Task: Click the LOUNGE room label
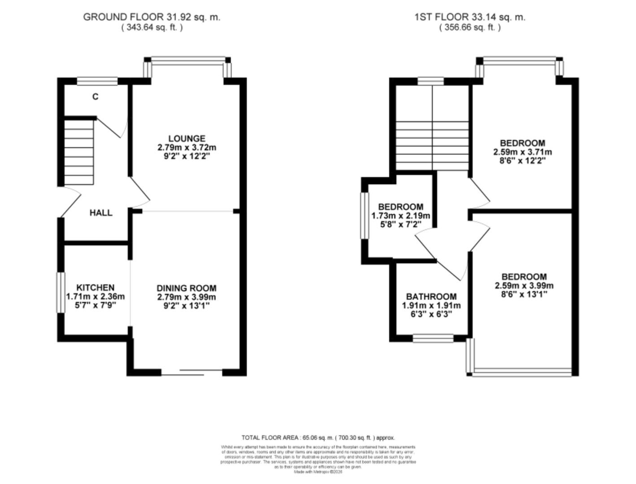(x=187, y=138)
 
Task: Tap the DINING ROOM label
(x=186, y=288)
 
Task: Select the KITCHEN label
(x=95, y=287)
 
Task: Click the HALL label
(x=101, y=213)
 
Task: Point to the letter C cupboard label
(x=95, y=96)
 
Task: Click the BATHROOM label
(x=431, y=297)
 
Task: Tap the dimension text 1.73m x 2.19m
(x=401, y=216)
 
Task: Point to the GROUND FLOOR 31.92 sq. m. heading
(x=152, y=17)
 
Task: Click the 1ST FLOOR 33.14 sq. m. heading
(x=470, y=17)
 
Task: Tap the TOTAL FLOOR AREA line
(x=318, y=437)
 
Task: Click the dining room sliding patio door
(x=192, y=372)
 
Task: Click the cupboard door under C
(x=110, y=127)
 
